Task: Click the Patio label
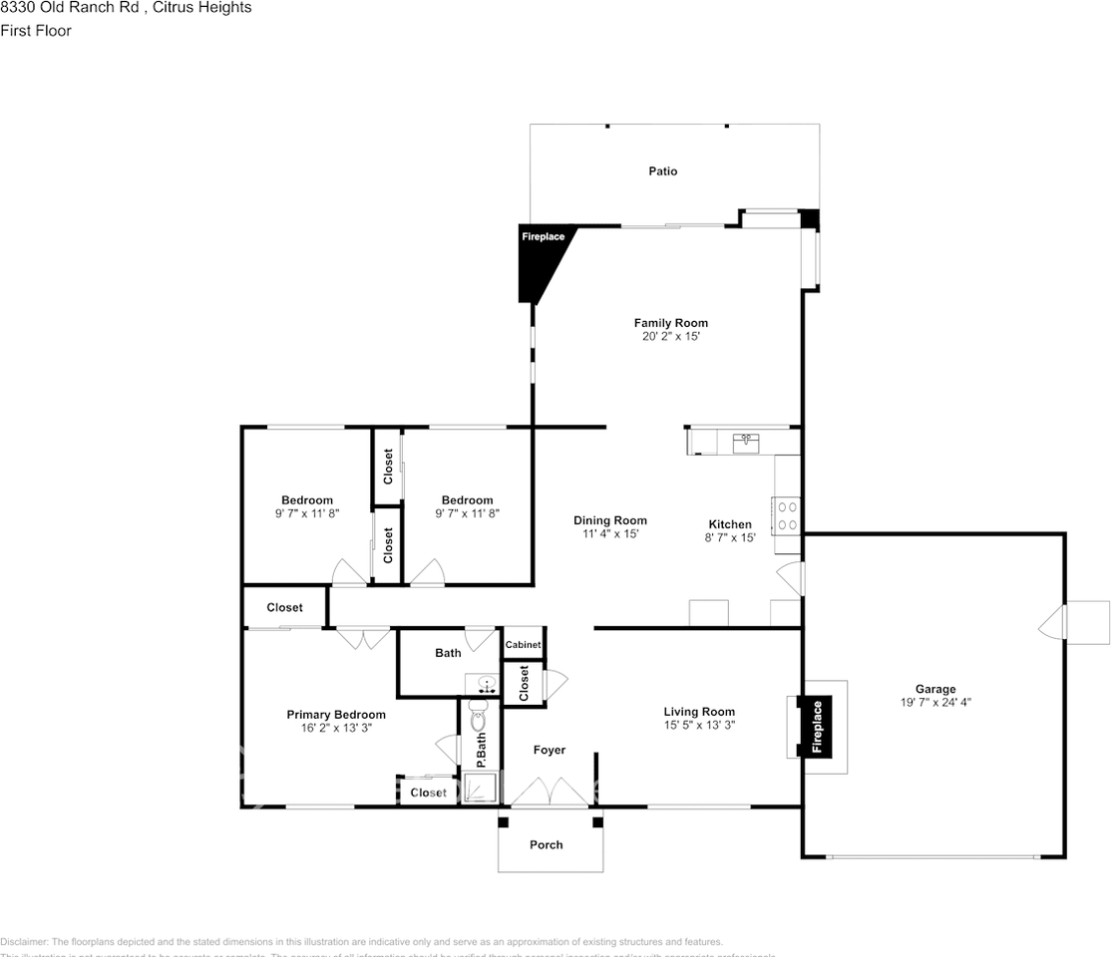click(x=662, y=171)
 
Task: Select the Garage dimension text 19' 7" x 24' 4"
click(x=935, y=702)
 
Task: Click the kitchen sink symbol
click(x=746, y=443)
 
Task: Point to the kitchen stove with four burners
click(x=787, y=514)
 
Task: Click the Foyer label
click(x=549, y=750)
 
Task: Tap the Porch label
click(x=546, y=844)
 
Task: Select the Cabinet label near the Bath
click(x=523, y=645)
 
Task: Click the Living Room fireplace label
click(x=817, y=726)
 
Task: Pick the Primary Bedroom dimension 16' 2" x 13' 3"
click(x=336, y=728)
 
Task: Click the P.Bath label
click(x=480, y=750)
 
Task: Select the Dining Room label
click(x=609, y=520)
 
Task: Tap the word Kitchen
click(x=730, y=524)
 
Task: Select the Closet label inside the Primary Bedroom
click(x=429, y=793)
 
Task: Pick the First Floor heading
click(x=36, y=31)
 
